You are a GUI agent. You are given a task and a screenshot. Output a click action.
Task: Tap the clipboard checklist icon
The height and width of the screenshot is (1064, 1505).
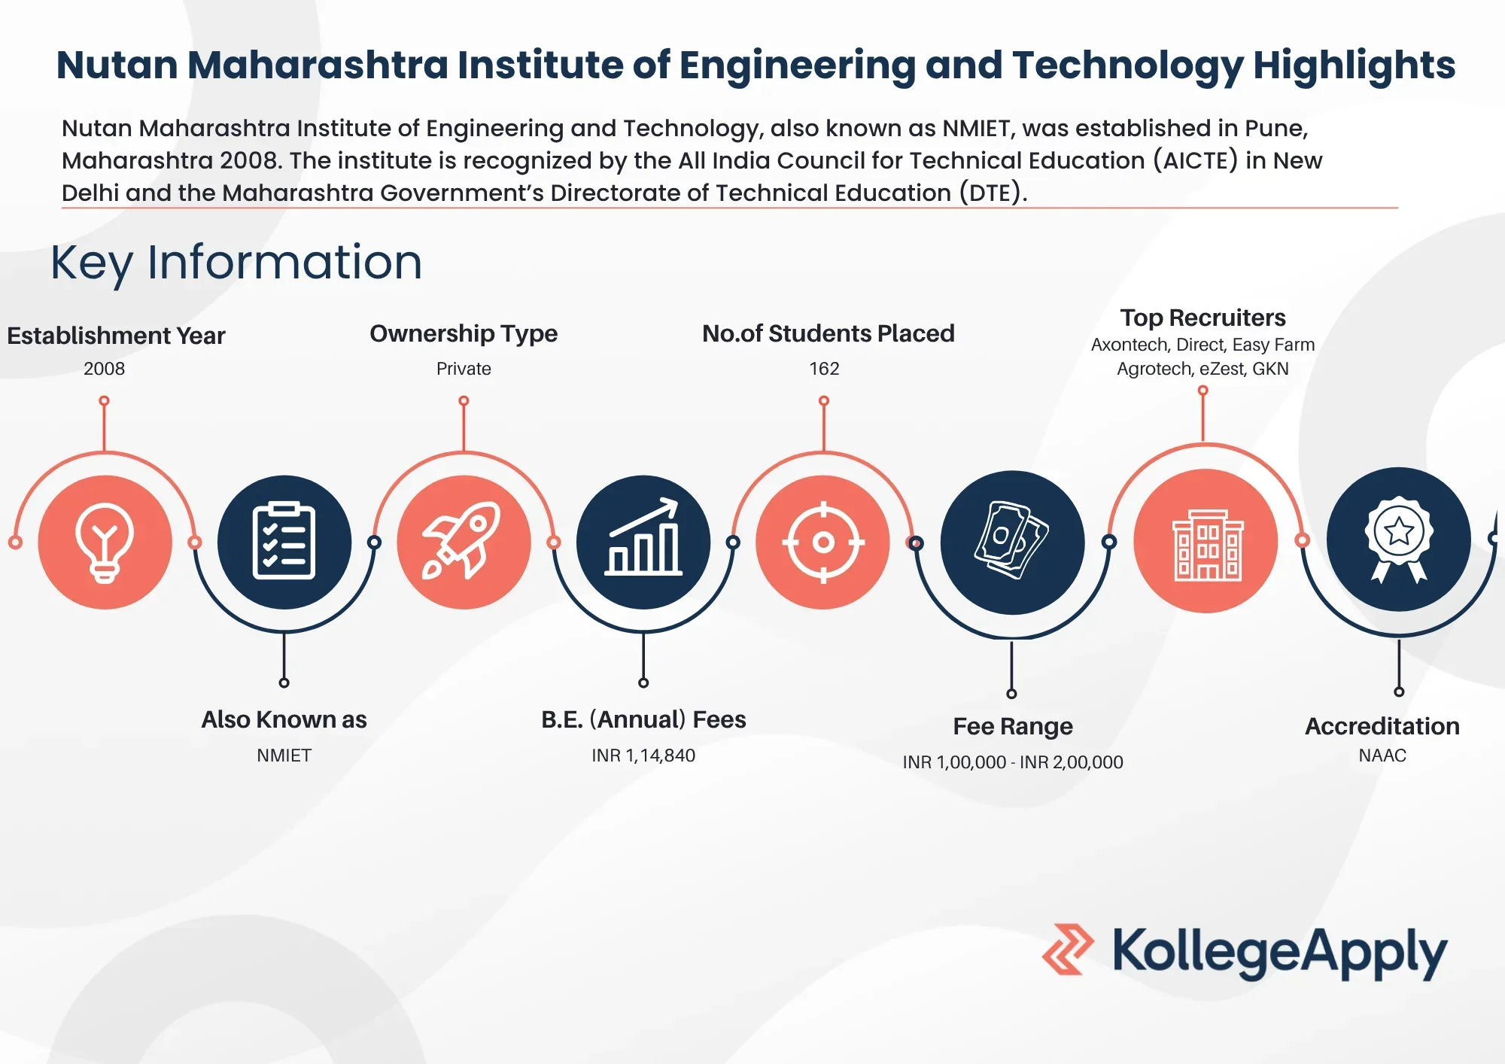tap(284, 540)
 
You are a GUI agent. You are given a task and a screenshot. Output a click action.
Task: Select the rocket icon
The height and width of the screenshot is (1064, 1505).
tap(462, 540)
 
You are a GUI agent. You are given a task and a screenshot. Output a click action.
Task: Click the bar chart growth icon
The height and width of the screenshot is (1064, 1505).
tap(643, 537)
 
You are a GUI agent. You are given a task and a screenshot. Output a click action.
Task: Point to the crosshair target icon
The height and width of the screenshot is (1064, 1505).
tap(823, 542)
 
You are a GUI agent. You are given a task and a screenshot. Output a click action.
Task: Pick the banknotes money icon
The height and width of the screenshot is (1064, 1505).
tap(1011, 540)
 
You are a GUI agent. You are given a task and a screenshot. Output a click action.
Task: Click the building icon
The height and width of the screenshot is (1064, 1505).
tap(1208, 545)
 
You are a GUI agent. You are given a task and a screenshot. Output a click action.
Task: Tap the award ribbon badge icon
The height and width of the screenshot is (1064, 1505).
tap(1398, 539)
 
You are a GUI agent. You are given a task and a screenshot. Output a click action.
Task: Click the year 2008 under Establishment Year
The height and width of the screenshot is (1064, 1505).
tap(105, 369)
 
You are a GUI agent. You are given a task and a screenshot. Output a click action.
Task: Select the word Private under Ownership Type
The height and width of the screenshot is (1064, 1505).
tap(464, 369)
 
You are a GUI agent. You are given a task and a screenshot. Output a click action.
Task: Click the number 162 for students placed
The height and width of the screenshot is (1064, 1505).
tap(824, 369)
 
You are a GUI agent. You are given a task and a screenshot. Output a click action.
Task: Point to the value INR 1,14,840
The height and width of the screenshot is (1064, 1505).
tap(643, 755)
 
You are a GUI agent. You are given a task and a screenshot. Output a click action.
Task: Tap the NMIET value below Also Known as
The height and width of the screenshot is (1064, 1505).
tap(284, 755)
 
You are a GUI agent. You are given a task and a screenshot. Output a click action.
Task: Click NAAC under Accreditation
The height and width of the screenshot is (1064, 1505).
tap(1382, 755)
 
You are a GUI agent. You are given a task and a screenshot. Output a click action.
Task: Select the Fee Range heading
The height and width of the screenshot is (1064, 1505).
tap(1013, 726)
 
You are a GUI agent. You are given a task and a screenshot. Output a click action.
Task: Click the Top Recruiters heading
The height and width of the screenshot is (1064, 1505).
tap(1202, 318)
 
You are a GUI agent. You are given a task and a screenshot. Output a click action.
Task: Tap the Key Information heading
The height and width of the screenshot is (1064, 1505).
tap(236, 263)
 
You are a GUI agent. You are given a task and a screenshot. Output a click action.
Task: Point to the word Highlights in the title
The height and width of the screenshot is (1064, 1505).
tap(1354, 65)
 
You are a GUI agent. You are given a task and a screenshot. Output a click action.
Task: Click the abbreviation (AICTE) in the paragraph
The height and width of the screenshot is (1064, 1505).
tap(1195, 160)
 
